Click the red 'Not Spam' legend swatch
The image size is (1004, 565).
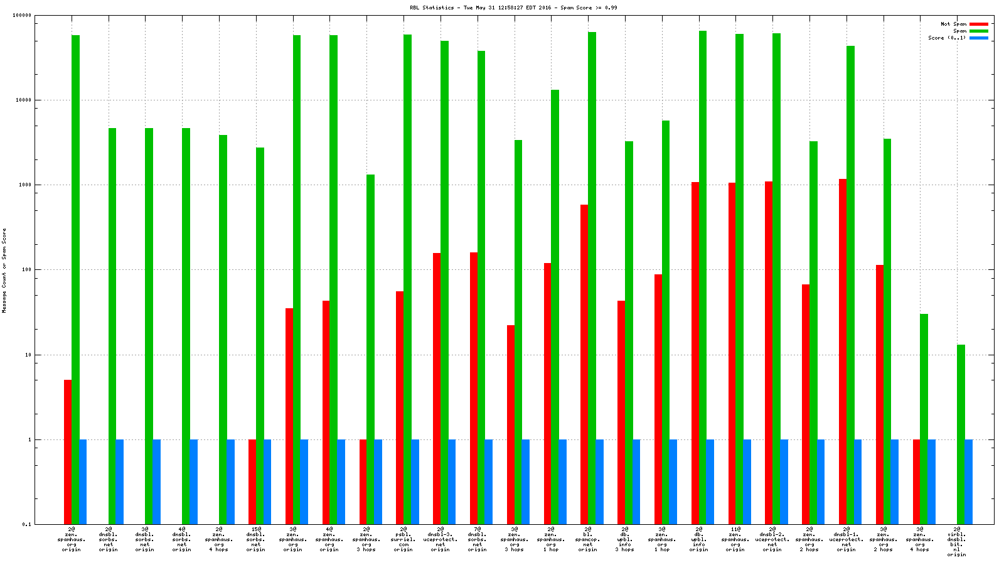pyautogui.click(x=978, y=24)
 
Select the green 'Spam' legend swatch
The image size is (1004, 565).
pyautogui.click(x=978, y=31)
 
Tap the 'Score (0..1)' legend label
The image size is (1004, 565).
pyautogui.click(x=947, y=38)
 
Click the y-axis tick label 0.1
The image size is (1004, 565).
pyautogui.click(x=26, y=524)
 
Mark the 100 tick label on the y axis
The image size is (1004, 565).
pyautogui.click(x=26, y=270)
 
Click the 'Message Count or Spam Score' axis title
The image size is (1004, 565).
pyautogui.click(x=4, y=270)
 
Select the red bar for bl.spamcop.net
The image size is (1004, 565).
pyautogui.click(x=584, y=364)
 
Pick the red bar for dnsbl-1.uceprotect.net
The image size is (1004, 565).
pyautogui.click(x=843, y=352)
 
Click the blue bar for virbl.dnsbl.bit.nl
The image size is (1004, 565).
pyautogui.click(x=968, y=482)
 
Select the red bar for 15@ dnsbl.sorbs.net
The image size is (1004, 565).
pyautogui.click(x=252, y=482)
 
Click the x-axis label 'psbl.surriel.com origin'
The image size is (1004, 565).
pyautogui.click(x=403, y=539)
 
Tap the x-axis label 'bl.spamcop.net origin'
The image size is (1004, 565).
pyautogui.click(x=587, y=539)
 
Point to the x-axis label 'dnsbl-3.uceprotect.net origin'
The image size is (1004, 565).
pyautogui.click(x=440, y=539)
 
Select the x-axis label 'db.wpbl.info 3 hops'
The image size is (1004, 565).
pyautogui.click(x=624, y=539)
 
